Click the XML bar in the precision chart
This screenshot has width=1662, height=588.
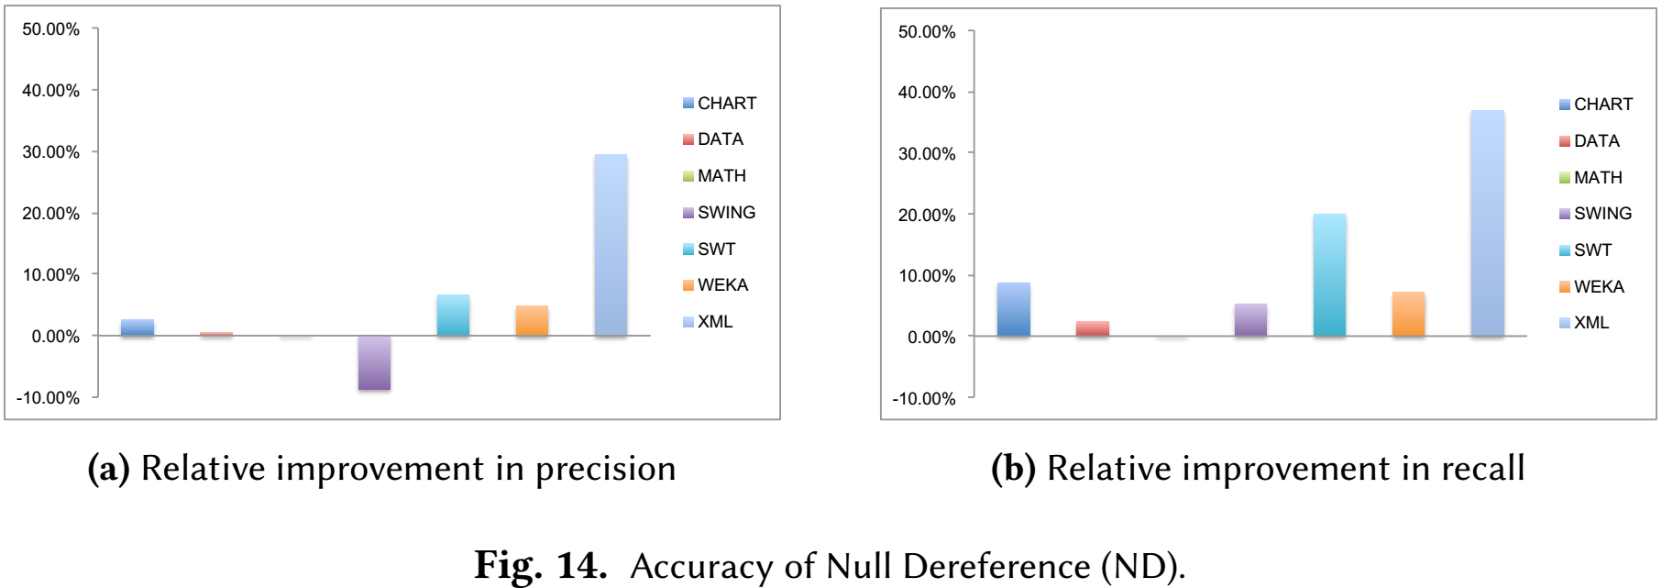[x=611, y=245]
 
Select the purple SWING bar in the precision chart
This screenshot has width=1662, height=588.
[x=374, y=363]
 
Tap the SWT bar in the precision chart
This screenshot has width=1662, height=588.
[x=453, y=316]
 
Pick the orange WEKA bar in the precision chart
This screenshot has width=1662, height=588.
[x=532, y=321]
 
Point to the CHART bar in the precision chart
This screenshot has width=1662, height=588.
[x=138, y=327]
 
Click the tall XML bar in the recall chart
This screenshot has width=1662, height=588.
[x=1488, y=224]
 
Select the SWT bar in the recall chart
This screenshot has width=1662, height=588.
[x=1329, y=275]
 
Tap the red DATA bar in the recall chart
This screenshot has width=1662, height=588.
[x=1093, y=328]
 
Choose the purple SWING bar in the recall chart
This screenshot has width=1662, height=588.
[x=1250, y=320]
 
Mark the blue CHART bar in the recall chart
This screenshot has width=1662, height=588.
[x=1014, y=309]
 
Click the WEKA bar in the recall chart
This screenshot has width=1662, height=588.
[x=1408, y=314]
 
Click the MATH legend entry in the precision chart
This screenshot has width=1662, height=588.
[x=714, y=175]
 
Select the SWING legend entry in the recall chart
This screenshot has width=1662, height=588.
[x=1595, y=213]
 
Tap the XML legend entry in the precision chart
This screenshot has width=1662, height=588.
[x=708, y=321]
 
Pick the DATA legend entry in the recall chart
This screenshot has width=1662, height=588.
[x=1590, y=140]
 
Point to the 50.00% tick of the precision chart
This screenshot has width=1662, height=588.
[x=51, y=29]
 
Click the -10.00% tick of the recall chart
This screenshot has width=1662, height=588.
[x=924, y=398]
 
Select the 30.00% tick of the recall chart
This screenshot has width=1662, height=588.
[x=927, y=153]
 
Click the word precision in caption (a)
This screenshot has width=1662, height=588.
[x=605, y=470]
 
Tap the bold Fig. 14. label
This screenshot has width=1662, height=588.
[x=541, y=565]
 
